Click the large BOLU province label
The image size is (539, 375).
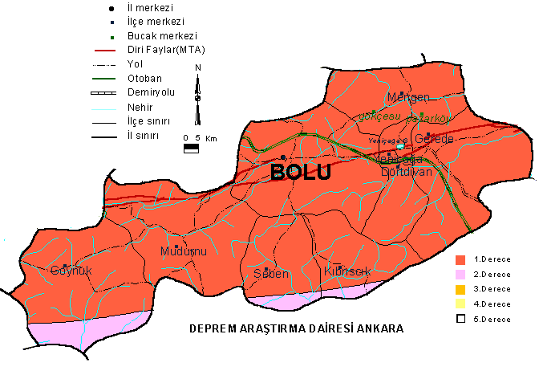(301, 173)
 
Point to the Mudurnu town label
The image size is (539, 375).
(184, 251)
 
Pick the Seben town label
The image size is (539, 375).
(270, 273)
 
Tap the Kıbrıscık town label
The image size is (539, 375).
(346, 271)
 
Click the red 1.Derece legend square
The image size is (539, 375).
(460, 260)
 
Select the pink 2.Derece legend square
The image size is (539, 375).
(460, 275)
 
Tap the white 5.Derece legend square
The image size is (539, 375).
(460, 319)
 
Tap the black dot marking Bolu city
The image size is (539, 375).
(283, 157)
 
